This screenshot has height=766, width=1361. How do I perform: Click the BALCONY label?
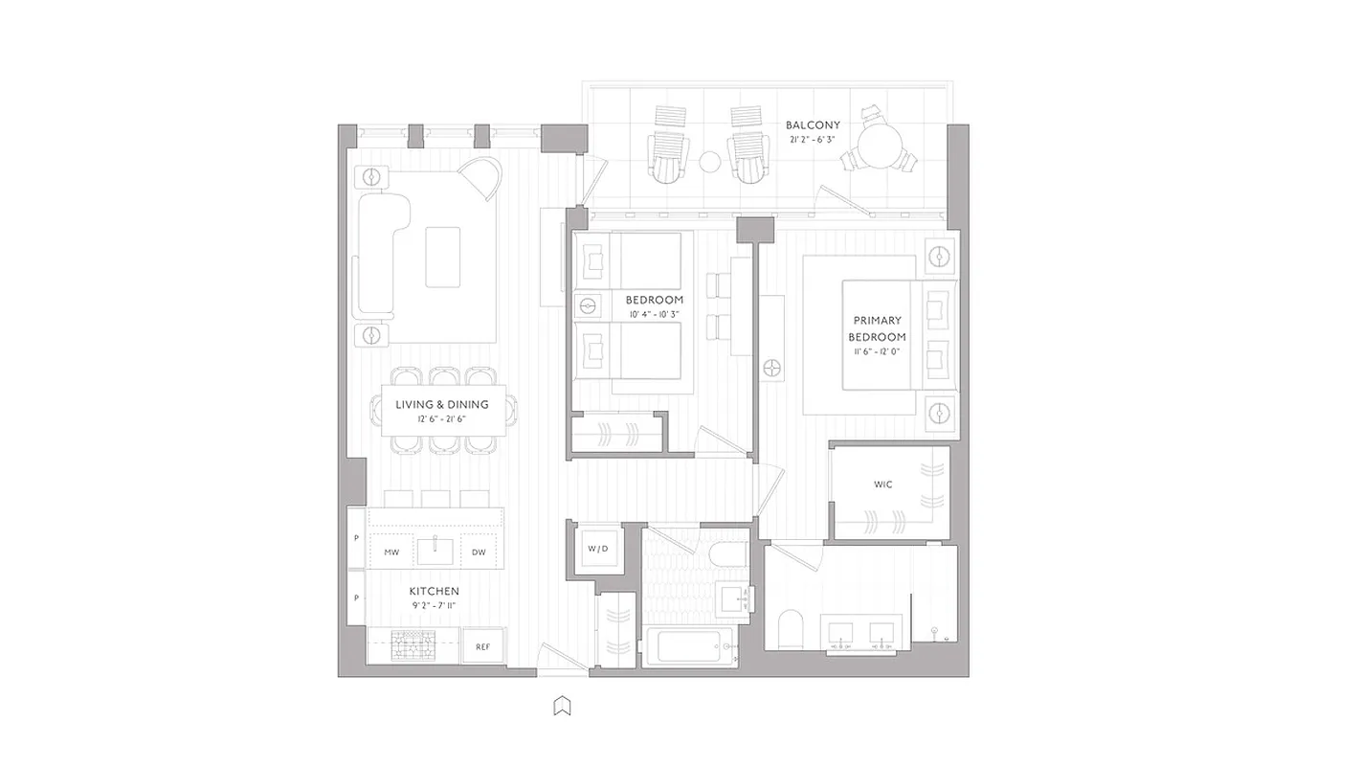pyautogui.click(x=813, y=125)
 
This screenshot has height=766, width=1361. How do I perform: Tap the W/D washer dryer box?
pyautogui.click(x=597, y=549)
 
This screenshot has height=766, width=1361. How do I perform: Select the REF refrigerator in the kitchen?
pyautogui.click(x=483, y=647)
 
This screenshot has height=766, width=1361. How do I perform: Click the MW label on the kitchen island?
pyautogui.click(x=391, y=552)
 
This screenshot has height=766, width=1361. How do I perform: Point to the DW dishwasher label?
pyautogui.click(x=479, y=552)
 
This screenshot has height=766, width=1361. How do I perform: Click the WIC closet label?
pyautogui.click(x=882, y=484)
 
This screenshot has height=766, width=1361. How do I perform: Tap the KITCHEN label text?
pyautogui.click(x=435, y=592)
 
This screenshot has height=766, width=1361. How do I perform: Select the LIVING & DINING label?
pyautogui.click(x=441, y=405)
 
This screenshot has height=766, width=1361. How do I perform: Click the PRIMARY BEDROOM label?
pyautogui.click(x=877, y=328)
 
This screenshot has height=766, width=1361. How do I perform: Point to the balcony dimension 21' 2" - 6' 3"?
pyautogui.click(x=813, y=140)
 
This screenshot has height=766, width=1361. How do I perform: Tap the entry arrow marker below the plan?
pyautogui.click(x=562, y=707)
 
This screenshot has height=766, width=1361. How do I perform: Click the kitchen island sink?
pyautogui.click(x=435, y=551)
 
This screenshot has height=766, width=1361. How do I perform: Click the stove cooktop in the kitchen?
pyautogui.click(x=414, y=646)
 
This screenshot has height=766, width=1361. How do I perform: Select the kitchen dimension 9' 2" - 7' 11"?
pyautogui.click(x=435, y=606)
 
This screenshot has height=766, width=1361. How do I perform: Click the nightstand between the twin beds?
pyautogui.click(x=587, y=305)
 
